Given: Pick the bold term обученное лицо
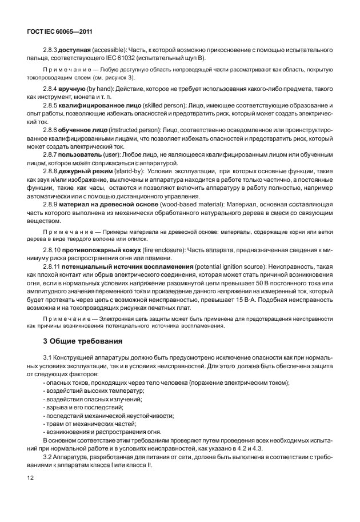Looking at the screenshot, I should pyautogui.click(x=80, y=131).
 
